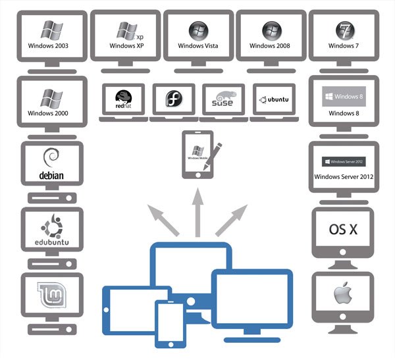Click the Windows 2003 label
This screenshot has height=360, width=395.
point(49,47)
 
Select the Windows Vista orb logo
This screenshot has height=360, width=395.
point(196,30)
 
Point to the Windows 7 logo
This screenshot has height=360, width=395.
point(343,30)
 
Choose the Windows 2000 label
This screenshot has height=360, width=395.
point(49,113)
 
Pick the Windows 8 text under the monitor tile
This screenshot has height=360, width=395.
point(343,113)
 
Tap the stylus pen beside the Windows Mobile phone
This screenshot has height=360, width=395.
point(211,156)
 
